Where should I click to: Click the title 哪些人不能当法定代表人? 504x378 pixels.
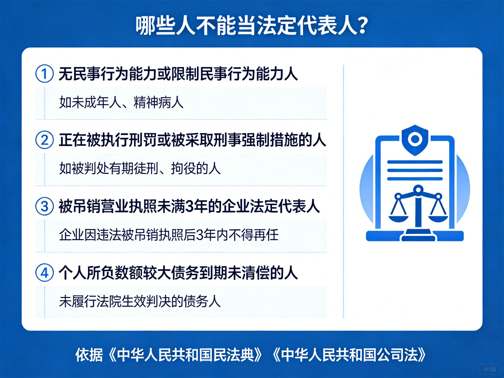252,25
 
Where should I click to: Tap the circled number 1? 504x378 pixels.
44,74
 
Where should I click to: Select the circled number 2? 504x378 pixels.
44,140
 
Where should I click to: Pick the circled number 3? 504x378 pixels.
44,206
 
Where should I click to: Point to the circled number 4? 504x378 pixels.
44,273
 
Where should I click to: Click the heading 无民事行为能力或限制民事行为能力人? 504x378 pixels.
178,74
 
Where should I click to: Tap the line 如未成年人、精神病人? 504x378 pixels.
121,103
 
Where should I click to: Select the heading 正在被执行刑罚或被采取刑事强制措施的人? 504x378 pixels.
192,140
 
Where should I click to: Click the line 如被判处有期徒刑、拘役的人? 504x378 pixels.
140,169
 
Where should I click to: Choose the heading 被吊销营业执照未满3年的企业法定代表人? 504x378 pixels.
189,206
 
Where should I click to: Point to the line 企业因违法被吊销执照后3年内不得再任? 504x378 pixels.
169,235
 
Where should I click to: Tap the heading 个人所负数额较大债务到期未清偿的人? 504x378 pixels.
178,273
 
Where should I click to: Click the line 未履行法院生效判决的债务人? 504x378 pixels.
140,301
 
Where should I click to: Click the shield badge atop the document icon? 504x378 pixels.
415,140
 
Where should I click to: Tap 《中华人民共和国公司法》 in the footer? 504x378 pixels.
349,355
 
